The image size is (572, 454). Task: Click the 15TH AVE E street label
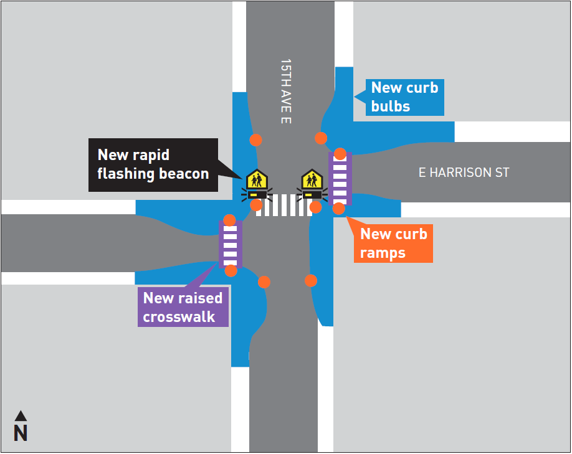coord(285,91)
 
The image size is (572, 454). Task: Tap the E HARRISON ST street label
coord(464,173)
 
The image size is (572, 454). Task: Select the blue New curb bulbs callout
coord(404,97)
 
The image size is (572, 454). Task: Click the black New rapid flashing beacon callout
coord(153,164)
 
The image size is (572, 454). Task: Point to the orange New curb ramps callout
coord(394,244)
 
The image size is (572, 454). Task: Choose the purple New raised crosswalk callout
coord(183,307)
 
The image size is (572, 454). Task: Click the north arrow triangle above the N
coord(21,415)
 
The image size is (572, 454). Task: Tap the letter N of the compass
coord(21,433)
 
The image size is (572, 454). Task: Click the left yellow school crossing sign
coord(257,180)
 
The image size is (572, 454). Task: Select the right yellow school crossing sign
coord(311,180)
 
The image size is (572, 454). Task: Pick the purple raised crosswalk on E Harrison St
coord(340,178)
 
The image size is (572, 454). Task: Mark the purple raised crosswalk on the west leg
coord(230,244)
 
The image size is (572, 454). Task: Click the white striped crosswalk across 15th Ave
coord(284,205)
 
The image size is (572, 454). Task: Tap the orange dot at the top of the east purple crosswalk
coord(340,153)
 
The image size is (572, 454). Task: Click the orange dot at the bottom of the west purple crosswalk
coord(231,270)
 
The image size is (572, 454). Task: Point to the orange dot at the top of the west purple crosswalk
coord(229,220)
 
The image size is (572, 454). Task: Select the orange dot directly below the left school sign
coord(256,205)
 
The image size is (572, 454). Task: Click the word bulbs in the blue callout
coord(391,106)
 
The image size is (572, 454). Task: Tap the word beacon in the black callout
coord(183,174)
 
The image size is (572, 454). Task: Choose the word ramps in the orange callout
coord(383,253)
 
